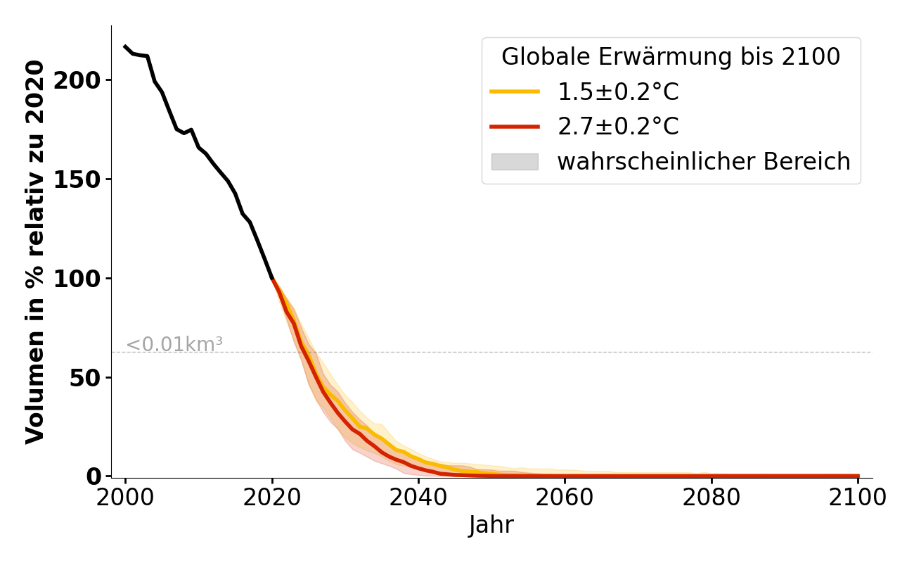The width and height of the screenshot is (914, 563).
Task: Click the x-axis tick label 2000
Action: point(125,498)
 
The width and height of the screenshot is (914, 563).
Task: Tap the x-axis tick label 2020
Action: point(272,498)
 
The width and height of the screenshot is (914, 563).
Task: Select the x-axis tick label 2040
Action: point(418,498)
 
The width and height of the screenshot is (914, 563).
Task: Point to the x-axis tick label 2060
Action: point(565,498)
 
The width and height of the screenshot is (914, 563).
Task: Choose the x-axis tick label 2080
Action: point(712,498)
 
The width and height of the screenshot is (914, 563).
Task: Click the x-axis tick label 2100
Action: point(858,498)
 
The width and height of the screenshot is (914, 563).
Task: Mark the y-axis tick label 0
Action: point(94,476)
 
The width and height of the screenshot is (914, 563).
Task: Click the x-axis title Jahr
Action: point(491,526)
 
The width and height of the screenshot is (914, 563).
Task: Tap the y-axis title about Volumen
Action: point(35,252)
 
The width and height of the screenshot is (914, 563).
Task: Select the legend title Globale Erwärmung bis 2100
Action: point(671,57)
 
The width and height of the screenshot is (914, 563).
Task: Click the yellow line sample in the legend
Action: point(515,91)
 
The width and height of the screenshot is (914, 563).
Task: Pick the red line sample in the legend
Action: point(515,127)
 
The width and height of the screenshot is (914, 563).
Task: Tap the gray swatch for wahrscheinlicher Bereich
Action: point(515,162)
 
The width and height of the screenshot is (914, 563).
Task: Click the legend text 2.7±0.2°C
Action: point(618,127)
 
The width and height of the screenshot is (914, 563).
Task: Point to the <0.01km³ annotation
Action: point(174,345)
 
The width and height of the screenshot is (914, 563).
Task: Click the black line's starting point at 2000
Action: point(125,46)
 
